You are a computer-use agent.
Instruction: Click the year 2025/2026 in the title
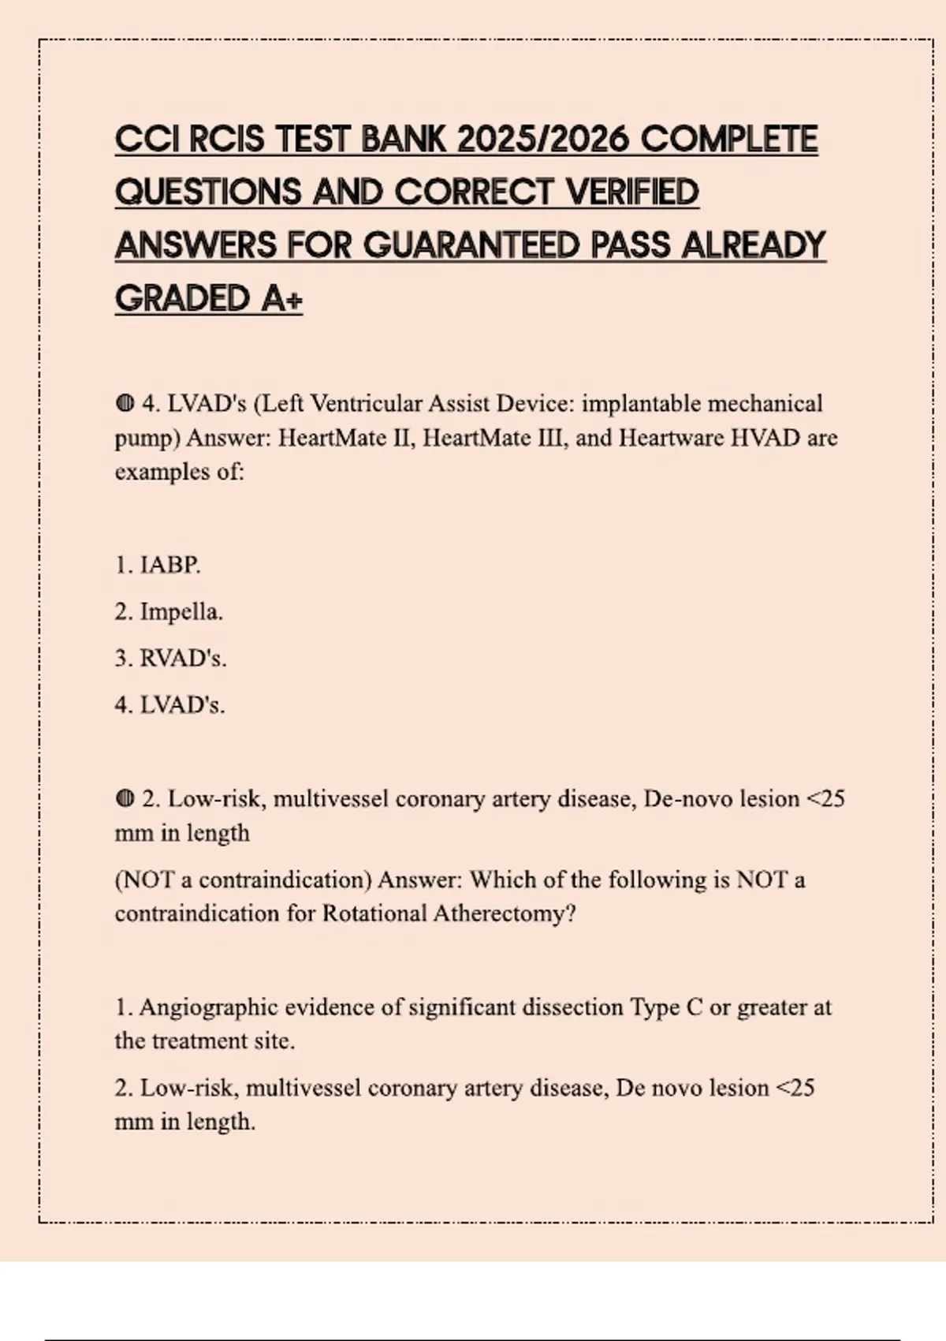coord(542,140)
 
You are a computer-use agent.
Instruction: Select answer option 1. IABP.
coord(158,565)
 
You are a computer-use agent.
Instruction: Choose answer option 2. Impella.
coord(169,611)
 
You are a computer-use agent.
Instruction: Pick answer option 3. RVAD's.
coord(170,658)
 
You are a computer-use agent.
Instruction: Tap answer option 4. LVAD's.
coord(169,704)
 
